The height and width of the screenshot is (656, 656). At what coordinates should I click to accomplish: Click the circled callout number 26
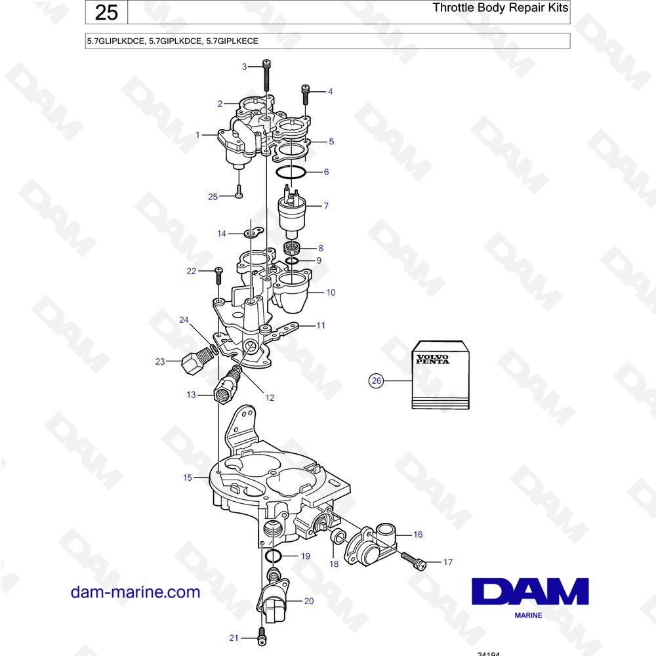pos(377,380)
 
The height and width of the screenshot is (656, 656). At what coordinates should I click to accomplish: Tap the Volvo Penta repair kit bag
pos(441,375)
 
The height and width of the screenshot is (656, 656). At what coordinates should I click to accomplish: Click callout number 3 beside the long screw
pos(244,66)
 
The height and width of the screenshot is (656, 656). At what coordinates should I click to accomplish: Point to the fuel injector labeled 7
pos(292,213)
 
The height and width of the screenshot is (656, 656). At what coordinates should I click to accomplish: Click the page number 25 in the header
pos(106,12)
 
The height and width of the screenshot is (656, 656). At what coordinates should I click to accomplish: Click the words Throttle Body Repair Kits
pos(500,7)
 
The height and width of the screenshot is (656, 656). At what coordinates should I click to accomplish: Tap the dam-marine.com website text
pos(136,592)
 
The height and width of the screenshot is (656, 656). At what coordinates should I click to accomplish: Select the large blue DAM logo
pos(530,591)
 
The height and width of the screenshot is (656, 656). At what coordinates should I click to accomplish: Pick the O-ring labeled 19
pos(274,556)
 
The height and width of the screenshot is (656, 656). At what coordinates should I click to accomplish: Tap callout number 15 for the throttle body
pos(188,478)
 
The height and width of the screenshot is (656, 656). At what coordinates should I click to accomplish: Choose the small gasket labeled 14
pos(253,232)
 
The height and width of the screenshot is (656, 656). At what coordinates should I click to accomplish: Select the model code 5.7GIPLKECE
pos(232,41)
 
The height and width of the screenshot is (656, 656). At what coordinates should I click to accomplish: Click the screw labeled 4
pos(306,94)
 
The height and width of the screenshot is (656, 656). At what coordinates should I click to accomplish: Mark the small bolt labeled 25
pos(239,191)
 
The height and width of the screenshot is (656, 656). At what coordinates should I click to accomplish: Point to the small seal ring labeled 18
pos(338,537)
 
